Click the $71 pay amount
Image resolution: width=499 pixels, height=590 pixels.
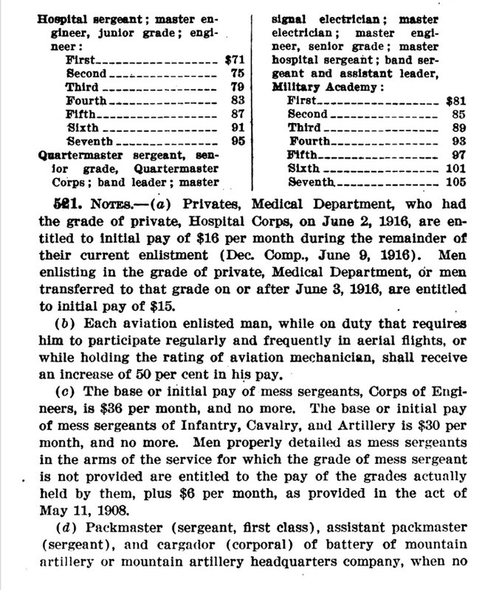(x=224, y=55)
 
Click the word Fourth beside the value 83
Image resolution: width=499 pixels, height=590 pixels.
(x=87, y=98)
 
